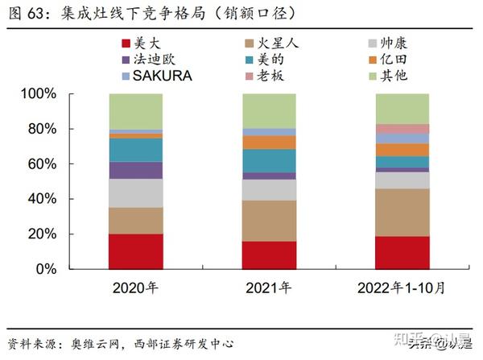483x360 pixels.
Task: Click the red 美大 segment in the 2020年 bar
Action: pyautogui.click(x=135, y=251)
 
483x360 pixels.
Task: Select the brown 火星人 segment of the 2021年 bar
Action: pyautogui.click(x=269, y=221)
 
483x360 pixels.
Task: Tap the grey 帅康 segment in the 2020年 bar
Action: pyautogui.click(x=135, y=192)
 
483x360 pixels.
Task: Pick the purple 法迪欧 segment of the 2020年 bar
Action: pyautogui.click(x=135, y=170)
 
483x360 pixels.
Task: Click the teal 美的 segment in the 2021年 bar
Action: pyautogui.click(x=269, y=160)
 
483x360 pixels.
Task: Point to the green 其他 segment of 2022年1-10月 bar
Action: pyautogui.click(x=402, y=109)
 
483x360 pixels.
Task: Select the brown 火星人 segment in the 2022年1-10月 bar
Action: pyautogui.click(x=402, y=212)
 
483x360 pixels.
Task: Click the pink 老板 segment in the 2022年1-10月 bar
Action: pyautogui.click(x=402, y=129)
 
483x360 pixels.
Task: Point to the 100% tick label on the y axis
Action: pyautogui.click(x=60, y=94)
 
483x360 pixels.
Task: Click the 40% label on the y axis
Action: pyautogui.click(x=64, y=199)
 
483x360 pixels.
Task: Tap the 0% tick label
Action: pyautogui.click(x=68, y=269)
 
